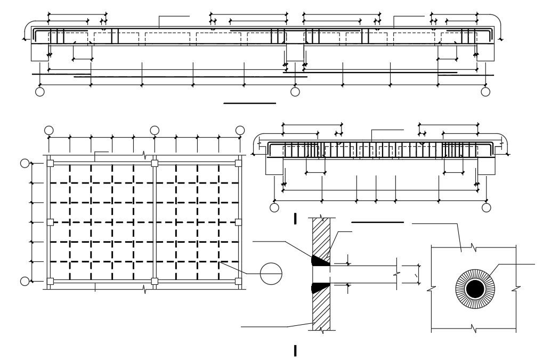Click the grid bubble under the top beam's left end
39,92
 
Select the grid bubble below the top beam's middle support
295,92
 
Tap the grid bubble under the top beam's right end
485,92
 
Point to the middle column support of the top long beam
295,52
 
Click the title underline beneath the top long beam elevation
249,103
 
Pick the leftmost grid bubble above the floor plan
48,130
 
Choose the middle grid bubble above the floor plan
155,130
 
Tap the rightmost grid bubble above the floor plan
240,130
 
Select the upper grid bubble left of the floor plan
25,163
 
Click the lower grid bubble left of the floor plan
25,281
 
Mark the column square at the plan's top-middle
155,163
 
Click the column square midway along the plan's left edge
50,222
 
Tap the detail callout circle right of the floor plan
271,274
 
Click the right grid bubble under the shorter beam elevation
485,207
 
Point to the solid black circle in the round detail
474,289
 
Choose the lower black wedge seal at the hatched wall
321,287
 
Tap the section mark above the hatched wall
295,218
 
